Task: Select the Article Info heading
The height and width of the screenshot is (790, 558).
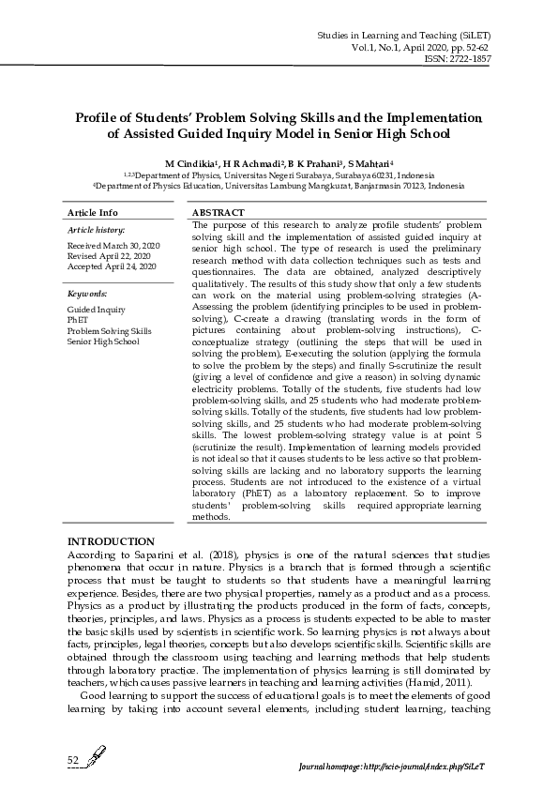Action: (x=93, y=214)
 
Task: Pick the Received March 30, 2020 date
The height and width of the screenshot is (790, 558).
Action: (x=113, y=245)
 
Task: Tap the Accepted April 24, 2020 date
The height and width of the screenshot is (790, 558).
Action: (x=112, y=266)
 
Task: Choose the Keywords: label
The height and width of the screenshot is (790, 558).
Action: (x=86, y=294)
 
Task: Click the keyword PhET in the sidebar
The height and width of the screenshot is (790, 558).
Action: (x=77, y=320)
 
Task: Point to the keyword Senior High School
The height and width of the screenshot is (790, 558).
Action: (x=102, y=342)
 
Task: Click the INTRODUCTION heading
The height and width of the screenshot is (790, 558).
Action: (x=111, y=542)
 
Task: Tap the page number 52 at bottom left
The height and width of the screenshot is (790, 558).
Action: (x=72, y=758)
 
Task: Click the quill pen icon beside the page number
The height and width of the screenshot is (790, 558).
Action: (x=94, y=756)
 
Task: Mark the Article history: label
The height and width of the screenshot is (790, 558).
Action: (x=96, y=229)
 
